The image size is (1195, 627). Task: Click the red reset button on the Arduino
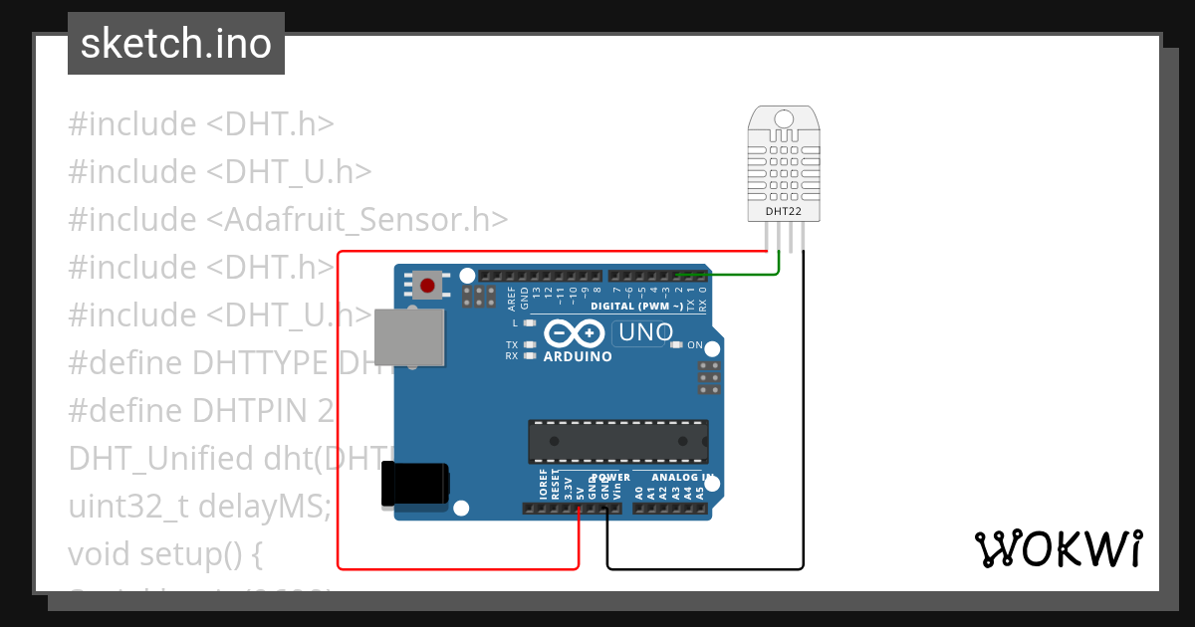point(428,286)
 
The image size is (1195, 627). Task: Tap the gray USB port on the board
point(408,336)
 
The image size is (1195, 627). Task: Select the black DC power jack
point(415,487)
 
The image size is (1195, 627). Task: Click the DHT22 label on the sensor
point(784,211)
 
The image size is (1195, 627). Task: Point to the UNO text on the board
point(645,332)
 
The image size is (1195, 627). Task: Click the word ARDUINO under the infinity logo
point(578,356)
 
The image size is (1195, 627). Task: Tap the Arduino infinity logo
point(576,332)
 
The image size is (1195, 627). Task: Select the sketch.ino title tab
point(176,44)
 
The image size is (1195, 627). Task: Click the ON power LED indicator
point(677,345)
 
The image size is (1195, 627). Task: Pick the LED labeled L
point(530,323)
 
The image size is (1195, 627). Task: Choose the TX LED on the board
point(530,344)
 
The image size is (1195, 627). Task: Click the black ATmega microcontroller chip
point(617,441)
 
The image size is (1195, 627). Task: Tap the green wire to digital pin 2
point(742,274)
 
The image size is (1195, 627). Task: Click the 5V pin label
point(580,490)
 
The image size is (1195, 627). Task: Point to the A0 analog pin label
point(639,490)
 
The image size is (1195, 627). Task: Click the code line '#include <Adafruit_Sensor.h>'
point(288,220)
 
